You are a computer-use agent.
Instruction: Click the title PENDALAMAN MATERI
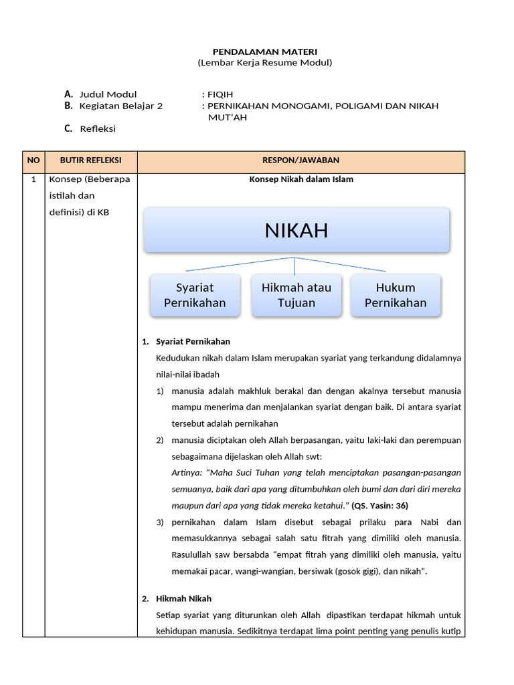pyautogui.click(x=264, y=52)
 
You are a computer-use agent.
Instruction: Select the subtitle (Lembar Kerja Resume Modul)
pyautogui.click(x=264, y=62)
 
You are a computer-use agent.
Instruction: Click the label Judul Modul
pyautogui.click(x=108, y=94)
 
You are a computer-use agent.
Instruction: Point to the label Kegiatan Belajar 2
pyautogui.click(x=120, y=106)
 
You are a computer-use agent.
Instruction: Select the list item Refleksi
pyautogui.click(x=98, y=128)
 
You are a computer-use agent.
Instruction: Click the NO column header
pyautogui.click(x=33, y=161)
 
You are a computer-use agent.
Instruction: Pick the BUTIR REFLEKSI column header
pyautogui.click(x=91, y=161)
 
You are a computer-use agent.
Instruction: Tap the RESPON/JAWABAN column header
pyautogui.click(x=301, y=161)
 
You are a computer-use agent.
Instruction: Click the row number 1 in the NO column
pyautogui.click(x=33, y=179)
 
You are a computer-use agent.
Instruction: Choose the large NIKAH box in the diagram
pyautogui.click(x=296, y=231)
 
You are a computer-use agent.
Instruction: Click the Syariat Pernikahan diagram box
pyautogui.click(x=195, y=295)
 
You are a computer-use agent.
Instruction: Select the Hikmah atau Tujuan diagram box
pyautogui.click(x=296, y=295)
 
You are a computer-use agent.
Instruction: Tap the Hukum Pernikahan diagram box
pyautogui.click(x=396, y=295)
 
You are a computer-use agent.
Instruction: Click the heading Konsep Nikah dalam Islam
pyautogui.click(x=301, y=179)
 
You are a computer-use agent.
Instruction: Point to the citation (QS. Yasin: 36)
pyautogui.click(x=379, y=506)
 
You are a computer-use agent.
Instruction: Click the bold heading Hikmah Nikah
pyautogui.click(x=183, y=599)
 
